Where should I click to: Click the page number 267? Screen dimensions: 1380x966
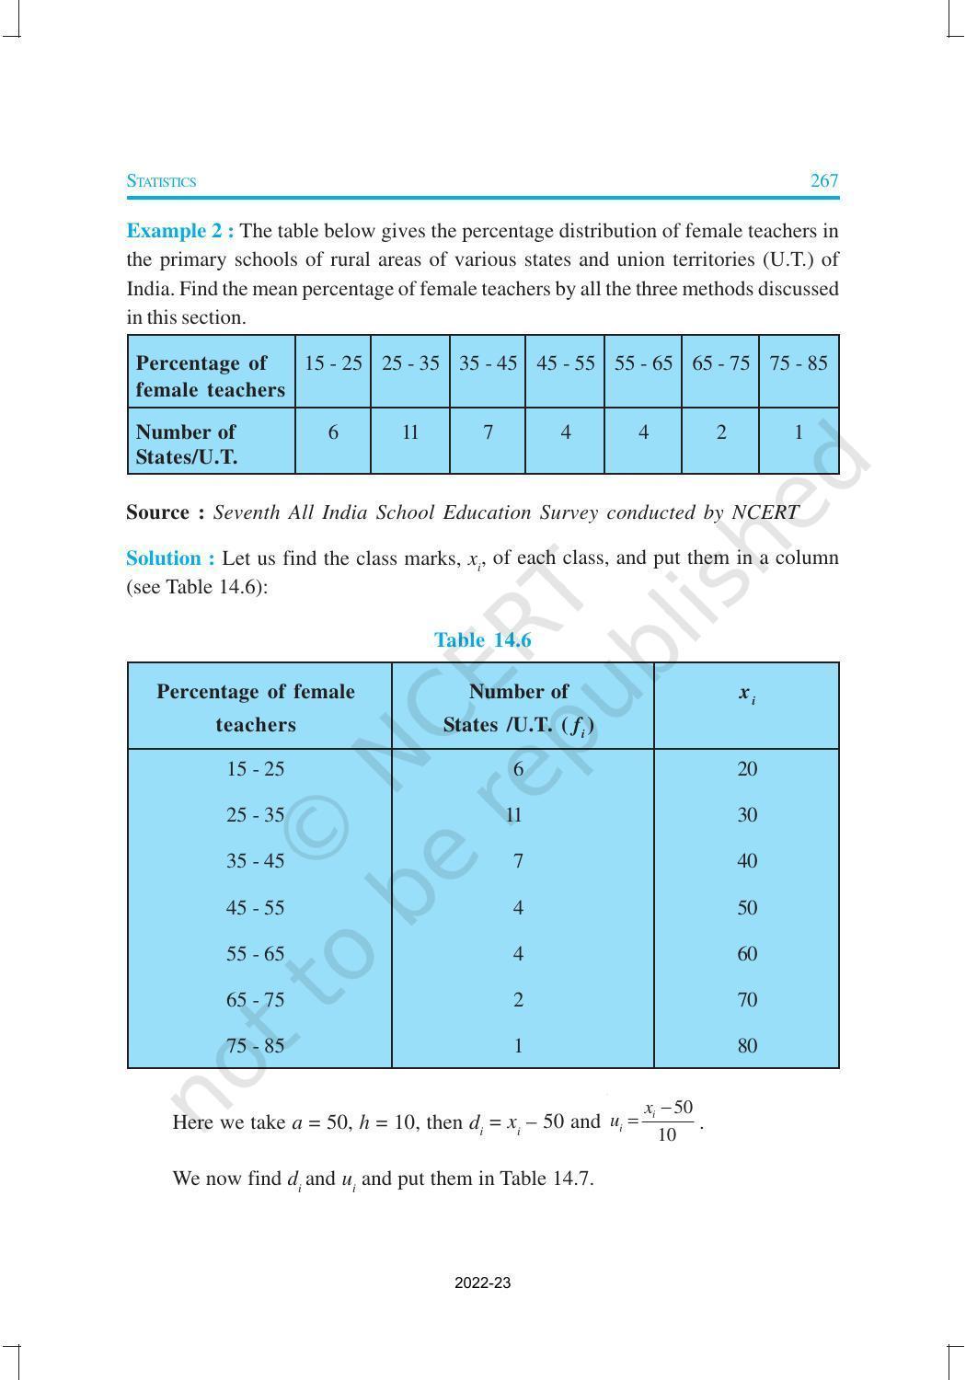pyautogui.click(x=823, y=180)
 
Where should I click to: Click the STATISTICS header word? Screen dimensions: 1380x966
pyautogui.click(x=161, y=181)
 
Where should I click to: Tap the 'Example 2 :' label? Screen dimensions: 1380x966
pyautogui.click(x=180, y=230)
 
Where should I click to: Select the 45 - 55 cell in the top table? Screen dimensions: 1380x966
pyautogui.click(x=565, y=363)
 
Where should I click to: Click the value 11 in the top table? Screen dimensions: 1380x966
pyautogui.click(x=410, y=431)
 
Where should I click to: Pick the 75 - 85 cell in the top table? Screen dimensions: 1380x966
pyautogui.click(x=798, y=363)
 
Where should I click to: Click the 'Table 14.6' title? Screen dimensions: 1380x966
pyautogui.click(x=482, y=640)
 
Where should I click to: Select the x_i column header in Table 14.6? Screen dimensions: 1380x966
pyautogui.click(x=746, y=694)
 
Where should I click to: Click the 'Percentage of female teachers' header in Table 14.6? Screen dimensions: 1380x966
pyautogui.click(x=256, y=707)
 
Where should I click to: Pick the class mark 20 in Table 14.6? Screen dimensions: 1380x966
pyautogui.click(x=747, y=769)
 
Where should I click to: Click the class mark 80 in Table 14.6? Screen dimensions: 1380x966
pyautogui.click(x=747, y=1046)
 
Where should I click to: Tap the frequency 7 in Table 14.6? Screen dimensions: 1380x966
pyautogui.click(x=518, y=861)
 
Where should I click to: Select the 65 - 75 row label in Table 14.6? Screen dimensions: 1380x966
pyautogui.click(x=255, y=1000)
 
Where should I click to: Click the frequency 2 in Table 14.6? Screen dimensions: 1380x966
pyautogui.click(x=518, y=1000)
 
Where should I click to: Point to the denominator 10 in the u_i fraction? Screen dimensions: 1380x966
pyautogui.click(x=667, y=1134)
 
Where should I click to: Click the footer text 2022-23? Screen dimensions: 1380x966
pyautogui.click(x=482, y=1283)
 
